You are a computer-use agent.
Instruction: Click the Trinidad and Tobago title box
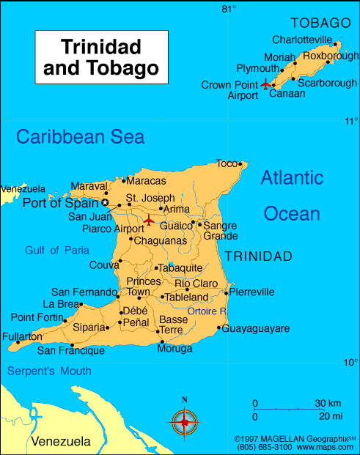point(101,57)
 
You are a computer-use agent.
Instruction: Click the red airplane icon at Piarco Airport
point(149,220)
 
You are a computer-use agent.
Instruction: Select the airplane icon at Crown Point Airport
point(265,84)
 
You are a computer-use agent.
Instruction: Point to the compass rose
point(185,422)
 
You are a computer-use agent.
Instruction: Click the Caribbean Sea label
point(81,136)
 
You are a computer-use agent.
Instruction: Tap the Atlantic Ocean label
point(292,196)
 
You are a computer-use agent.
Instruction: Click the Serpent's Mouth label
point(49,371)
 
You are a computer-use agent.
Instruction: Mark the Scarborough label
point(328,84)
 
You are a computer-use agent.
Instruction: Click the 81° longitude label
point(229,9)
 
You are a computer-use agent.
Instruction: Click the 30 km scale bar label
point(328,403)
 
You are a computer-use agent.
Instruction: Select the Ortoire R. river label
point(207,311)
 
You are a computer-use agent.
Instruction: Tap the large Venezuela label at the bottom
point(61,441)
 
